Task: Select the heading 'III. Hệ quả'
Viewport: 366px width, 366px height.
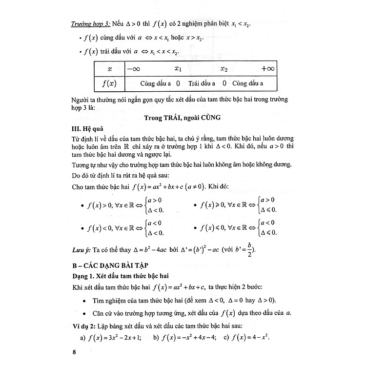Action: [x=87, y=129]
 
